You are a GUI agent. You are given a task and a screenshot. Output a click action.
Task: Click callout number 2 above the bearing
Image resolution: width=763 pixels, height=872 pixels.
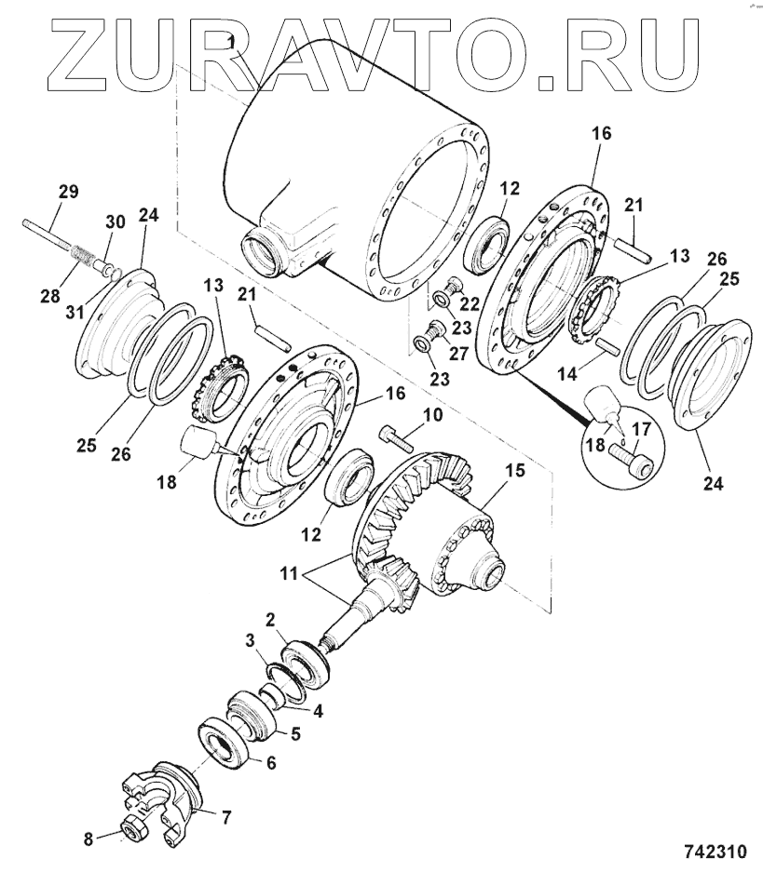pos(270,619)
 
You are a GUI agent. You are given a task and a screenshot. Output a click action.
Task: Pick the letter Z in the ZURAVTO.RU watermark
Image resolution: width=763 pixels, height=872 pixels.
pos(85,53)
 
